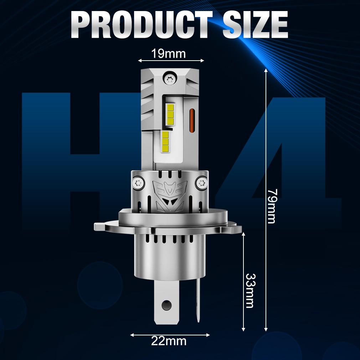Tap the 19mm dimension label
coord(168,54)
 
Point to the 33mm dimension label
coord(250,290)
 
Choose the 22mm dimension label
coord(169,341)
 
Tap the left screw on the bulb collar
coord(139,183)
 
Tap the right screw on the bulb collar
coord(202,183)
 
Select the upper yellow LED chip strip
coord(170,114)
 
